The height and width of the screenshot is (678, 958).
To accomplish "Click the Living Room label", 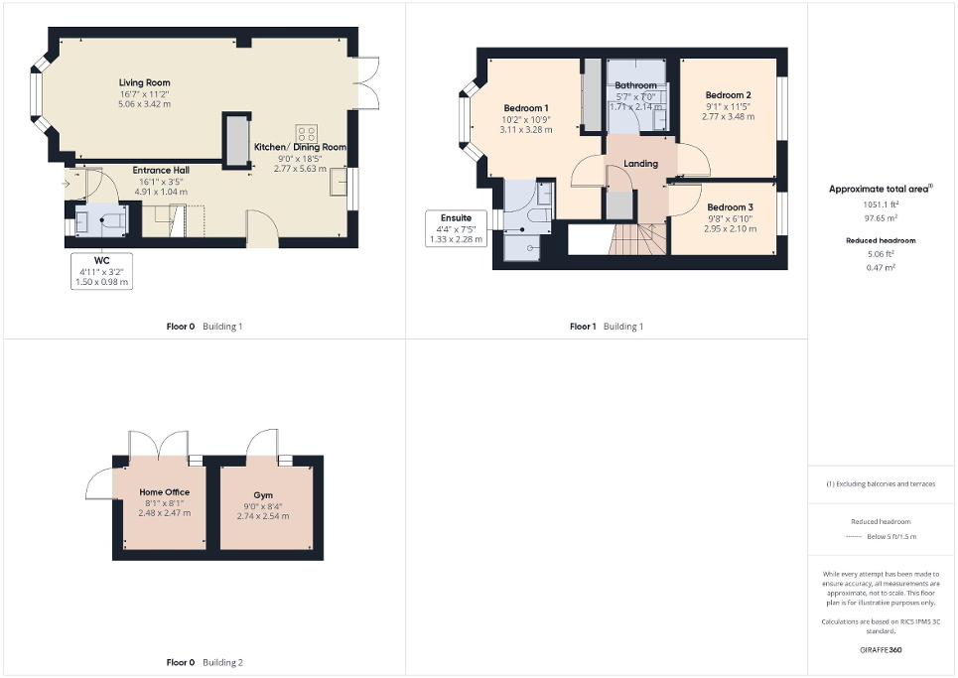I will coord(145,82).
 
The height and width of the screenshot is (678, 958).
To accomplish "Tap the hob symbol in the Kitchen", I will coord(306,133).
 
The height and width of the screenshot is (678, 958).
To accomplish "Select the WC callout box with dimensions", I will coord(102,271).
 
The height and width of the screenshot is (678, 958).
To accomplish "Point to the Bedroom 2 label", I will coord(727,94).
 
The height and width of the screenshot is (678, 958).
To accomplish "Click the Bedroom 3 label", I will coord(730,206).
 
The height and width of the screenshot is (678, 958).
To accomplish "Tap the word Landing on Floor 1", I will coord(640,164).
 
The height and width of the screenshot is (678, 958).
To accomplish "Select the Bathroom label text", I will coord(634,85).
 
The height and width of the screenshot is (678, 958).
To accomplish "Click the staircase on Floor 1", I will coord(635,238).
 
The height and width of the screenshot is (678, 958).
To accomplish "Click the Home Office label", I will coord(164,492).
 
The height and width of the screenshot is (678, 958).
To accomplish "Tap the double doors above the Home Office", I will coord(158,444).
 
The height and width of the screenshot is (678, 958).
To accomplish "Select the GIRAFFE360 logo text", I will coord(883,650).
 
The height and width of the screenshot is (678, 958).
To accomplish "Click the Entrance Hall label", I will coord(161,170).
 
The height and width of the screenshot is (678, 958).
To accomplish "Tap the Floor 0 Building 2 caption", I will coord(205,662).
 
